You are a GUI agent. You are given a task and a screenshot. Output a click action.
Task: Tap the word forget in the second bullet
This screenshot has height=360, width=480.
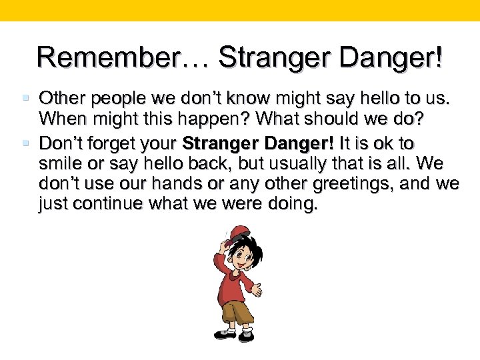(x=117, y=143)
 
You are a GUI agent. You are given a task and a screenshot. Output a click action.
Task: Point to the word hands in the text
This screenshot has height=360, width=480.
(x=179, y=184)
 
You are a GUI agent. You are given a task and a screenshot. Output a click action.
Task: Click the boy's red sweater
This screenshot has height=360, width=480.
(x=231, y=283)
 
